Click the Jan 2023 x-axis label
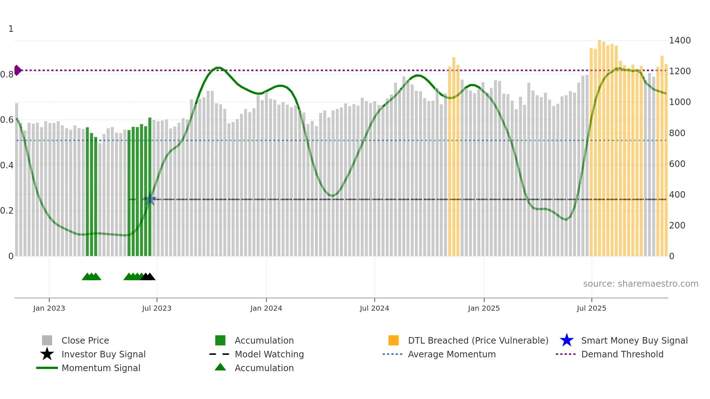49,308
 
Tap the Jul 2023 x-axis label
156,308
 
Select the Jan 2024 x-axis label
266,308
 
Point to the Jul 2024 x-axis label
374,308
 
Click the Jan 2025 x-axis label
484,308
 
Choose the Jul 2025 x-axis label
591,308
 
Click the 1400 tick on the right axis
680,41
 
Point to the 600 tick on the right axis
677,164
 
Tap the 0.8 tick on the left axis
7,75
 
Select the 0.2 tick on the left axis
7,211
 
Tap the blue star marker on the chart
150,199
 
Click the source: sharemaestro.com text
640,284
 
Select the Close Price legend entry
85,340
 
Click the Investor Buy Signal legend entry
103,354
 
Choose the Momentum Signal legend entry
101,368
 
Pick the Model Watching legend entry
269,354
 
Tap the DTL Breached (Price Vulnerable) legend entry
478,340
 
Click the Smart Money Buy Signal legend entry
634,340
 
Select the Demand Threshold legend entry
622,354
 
